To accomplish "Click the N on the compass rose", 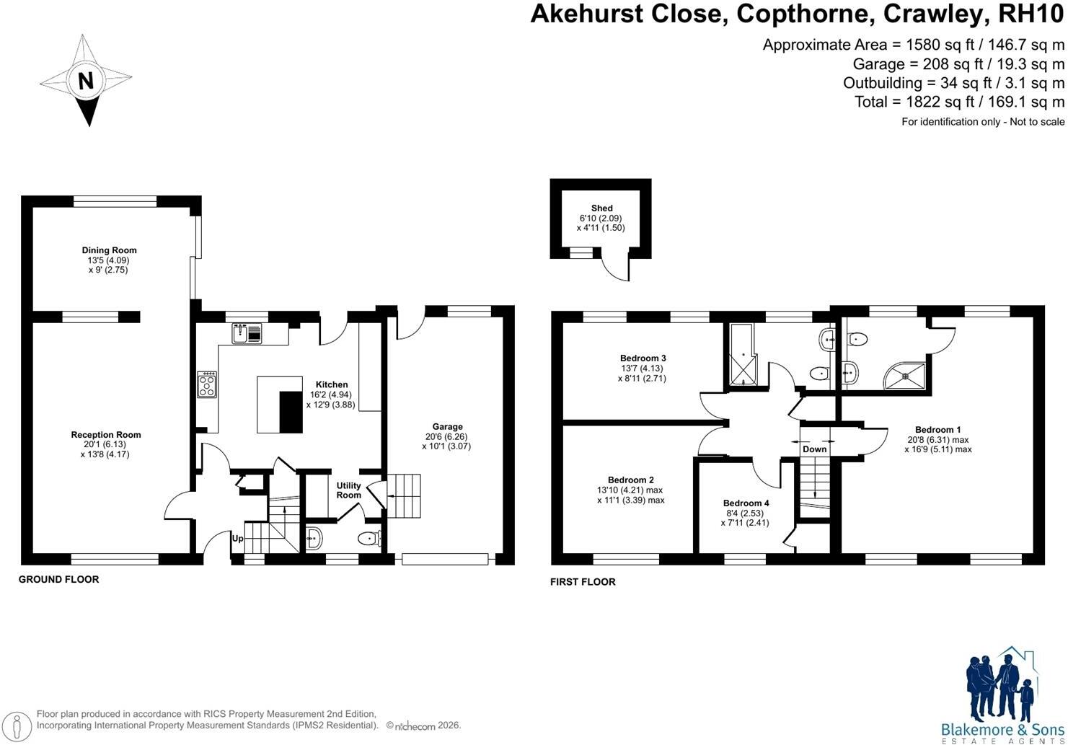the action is click(x=86, y=81).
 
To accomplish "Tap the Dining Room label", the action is click(x=109, y=250).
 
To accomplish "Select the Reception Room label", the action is click(x=106, y=434).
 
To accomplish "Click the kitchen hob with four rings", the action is click(x=208, y=384).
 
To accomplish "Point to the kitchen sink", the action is click(x=247, y=333).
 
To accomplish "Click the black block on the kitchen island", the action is click(x=291, y=412).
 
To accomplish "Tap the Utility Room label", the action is click(x=348, y=490).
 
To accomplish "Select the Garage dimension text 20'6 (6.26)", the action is click(x=447, y=436).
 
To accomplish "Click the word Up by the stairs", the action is click(x=237, y=539).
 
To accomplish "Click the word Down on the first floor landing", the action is click(x=814, y=449).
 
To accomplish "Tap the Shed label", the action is click(x=601, y=208).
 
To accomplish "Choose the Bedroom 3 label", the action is click(x=643, y=358).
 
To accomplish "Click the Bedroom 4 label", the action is click(x=746, y=503).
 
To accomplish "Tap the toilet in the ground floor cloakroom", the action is click(x=369, y=539).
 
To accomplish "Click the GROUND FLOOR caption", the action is click(x=58, y=580).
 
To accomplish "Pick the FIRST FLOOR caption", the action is click(x=583, y=582).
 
